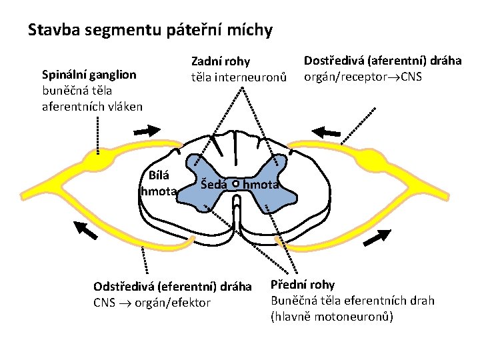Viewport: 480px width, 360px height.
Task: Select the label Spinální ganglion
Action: coord(89,74)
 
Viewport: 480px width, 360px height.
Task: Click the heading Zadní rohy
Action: coord(221,62)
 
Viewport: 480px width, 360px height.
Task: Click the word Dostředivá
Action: coord(337,61)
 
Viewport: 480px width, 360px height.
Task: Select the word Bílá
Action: coord(159,176)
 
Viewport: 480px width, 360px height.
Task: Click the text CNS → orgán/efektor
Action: coord(152,303)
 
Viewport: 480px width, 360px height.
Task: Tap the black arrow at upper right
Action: coord(327,131)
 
